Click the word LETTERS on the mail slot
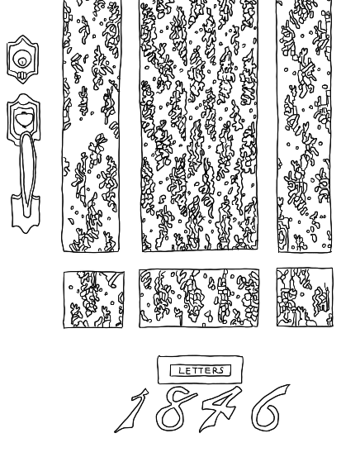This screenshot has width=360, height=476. point(201,370)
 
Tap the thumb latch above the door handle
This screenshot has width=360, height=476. point(23,118)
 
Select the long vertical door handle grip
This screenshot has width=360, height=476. point(27,174)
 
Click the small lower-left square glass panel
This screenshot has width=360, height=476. point(93,300)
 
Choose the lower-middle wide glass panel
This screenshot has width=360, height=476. point(199,298)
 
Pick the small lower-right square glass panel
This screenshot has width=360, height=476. point(305,297)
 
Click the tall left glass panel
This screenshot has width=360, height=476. point(91,125)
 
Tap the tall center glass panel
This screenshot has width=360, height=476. point(199,125)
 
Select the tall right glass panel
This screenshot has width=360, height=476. point(304,125)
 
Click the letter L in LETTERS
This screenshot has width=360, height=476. point(182,371)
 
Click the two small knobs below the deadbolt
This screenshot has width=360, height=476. point(21,75)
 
